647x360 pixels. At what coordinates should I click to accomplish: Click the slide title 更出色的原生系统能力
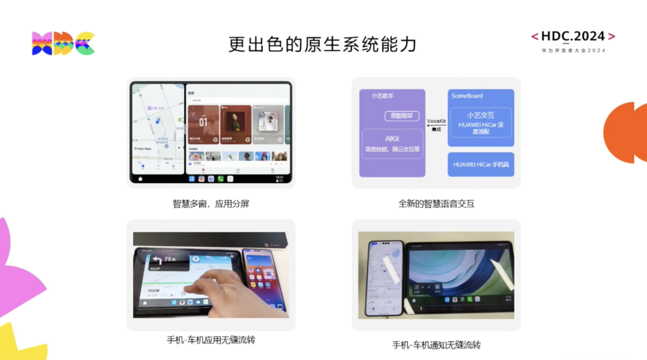pos(323,44)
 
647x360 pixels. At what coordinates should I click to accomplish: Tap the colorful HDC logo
pos(63,44)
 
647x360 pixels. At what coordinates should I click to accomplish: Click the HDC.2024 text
pos(573,36)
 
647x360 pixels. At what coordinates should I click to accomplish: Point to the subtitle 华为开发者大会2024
pos(573,51)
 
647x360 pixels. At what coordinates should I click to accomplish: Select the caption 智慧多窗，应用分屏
pos(211,204)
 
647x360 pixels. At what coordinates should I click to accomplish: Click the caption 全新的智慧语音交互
pos(436,204)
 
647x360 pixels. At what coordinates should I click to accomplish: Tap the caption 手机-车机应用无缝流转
pos(211,340)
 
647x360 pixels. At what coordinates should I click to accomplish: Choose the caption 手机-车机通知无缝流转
pos(436,345)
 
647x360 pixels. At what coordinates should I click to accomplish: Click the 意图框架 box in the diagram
pos(402,116)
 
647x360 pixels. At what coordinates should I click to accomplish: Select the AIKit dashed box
pos(392,144)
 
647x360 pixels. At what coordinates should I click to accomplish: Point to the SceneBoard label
pos(467,96)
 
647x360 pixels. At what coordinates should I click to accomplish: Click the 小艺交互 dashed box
pos(481,122)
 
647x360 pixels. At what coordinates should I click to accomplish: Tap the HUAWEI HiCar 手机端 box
pos(481,164)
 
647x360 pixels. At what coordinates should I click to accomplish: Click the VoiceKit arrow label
pos(436,121)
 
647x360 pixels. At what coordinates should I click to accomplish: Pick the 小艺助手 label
pos(382,96)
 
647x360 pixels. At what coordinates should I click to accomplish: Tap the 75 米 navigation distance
pos(169,259)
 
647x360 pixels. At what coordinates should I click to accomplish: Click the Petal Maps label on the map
pos(144,149)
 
